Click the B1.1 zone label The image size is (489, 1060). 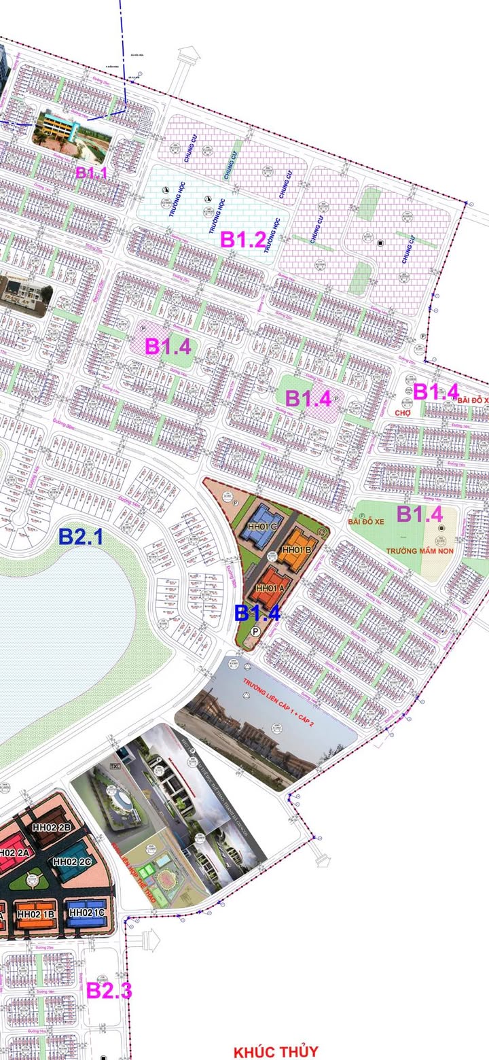pyautogui.click(x=92, y=173)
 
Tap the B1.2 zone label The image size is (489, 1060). pyautogui.click(x=242, y=239)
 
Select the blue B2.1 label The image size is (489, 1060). pyautogui.click(x=80, y=537)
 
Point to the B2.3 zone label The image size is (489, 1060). pyautogui.click(x=109, y=991)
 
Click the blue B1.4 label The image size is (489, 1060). pyautogui.click(x=257, y=612)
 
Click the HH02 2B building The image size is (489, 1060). pyautogui.click(x=52, y=828)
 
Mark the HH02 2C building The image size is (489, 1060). pyautogui.click(x=72, y=862)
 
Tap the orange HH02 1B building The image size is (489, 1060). pyautogui.click(x=35, y=914)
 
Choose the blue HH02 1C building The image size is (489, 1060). pyautogui.click(x=87, y=912)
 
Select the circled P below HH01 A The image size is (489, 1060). pyautogui.click(x=255, y=631)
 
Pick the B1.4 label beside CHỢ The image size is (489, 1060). pyautogui.click(x=436, y=391)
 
